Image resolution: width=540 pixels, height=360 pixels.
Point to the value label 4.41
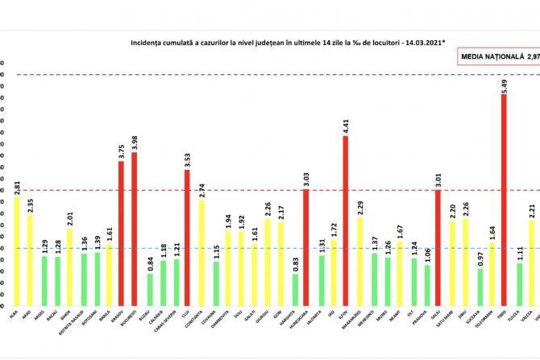click(x=346, y=126)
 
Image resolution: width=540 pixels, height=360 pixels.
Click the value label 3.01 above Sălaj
click(x=438, y=180)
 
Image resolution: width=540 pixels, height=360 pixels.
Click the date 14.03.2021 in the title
click(x=407, y=39)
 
